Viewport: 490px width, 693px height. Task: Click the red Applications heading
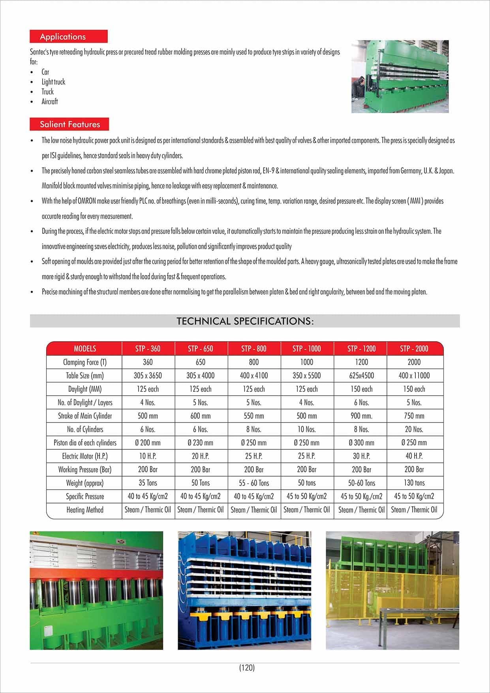pyautogui.click(x=68, y=37)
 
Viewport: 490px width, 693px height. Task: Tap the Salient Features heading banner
pyautogui.click(x=69, y=124)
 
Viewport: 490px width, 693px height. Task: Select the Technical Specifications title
pyautogui.click(x=245, y=321)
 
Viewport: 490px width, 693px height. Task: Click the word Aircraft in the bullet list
pyautogui.click(x=50, y=101)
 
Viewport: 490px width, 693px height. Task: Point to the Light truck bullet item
pyautogui.click(x=53, y=82)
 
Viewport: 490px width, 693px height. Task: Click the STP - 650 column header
pyautogui.click(x=200, y=348)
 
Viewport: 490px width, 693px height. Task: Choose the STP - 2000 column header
pyautogui.click(x=414, y=348)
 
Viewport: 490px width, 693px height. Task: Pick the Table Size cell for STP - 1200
pyautogui.click(x=361, y=376)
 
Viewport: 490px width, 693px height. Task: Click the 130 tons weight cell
pyautogui.click(x=414, y=483)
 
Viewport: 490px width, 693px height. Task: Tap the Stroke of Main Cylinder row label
pyautogui.click(x=85, y=416)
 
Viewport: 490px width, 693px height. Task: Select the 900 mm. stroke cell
pyautogui.click(x=361, y=416)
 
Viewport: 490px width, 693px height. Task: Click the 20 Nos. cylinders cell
pyautogui.click(x=414, y=429)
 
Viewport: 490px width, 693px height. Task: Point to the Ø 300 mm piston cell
pyautogui.click(x=361, y=443)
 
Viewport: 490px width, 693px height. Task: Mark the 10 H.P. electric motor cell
pyautogui.click(x=148, y=456)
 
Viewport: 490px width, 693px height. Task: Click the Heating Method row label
pyautogui.click(x=85, y=510)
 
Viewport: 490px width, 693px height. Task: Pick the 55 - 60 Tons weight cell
pyautogui.click(x=254, y=483)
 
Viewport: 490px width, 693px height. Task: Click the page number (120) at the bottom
pyautogui.click(x=247, y=667)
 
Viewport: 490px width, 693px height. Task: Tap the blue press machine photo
pyautogui.click(x=244, y=590)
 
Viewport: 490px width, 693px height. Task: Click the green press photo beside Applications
pyautogui.click(x=400, y=77)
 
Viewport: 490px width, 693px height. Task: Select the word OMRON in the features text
pyautogui.click(x=86, y=201)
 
